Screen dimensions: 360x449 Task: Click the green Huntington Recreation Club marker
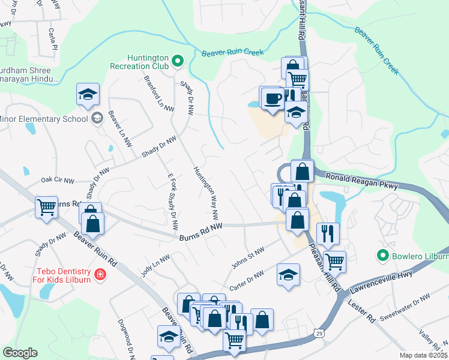tap(178, 61)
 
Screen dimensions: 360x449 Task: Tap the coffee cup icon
tap(272, 97)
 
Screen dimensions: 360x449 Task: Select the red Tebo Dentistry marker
tap(100, 275)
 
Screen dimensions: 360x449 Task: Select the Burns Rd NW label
tap(200, 232)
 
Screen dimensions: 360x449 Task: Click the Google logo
tap(20, 352)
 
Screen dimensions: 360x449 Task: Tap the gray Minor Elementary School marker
tap(96, 118)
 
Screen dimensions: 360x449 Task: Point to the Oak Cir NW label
tap(57, 180)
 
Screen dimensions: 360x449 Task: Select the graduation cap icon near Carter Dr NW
tap(288, 275)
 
